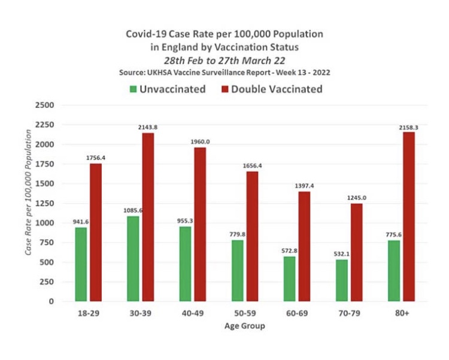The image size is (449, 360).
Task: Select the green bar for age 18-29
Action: [81, 264]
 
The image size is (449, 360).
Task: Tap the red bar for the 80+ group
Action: [409, 216]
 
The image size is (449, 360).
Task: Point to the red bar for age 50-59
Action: [252, 236]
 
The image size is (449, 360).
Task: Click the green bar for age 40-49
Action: [185, 264]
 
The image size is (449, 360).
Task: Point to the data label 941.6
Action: [80, 221]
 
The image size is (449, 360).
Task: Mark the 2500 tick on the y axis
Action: [46, 105]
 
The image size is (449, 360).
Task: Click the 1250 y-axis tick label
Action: [46, 204]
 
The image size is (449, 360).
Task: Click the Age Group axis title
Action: [245, 326]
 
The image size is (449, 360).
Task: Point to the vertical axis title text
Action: [28, 204]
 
